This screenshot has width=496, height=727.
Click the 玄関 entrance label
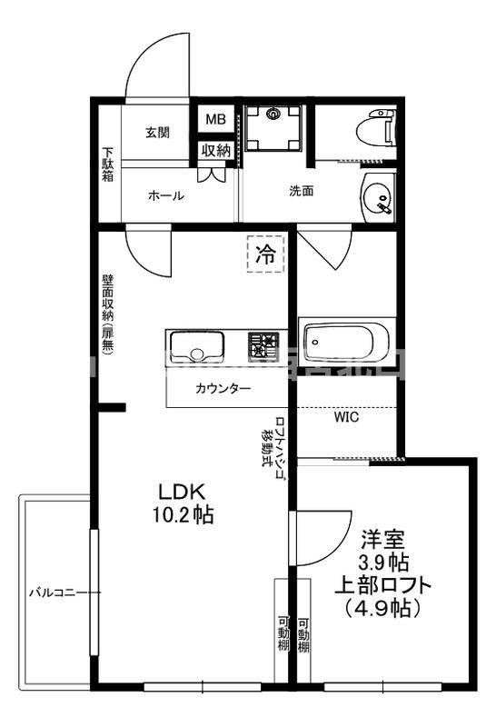tap(157, 133)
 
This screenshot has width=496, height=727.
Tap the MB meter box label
tap(215, 120)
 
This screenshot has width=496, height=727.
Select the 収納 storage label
tap(215, 151)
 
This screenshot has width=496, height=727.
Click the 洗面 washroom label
tap(302, 191)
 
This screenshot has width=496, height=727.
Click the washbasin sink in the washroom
tap(377, 196)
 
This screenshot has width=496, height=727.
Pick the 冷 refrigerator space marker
tap(265, 254)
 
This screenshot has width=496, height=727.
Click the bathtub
tap(347, 342)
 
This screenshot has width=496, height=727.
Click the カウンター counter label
tap(223, 389)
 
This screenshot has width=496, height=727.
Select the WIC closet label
tap(346, 418)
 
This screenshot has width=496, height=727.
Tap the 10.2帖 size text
tap(185, 515)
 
